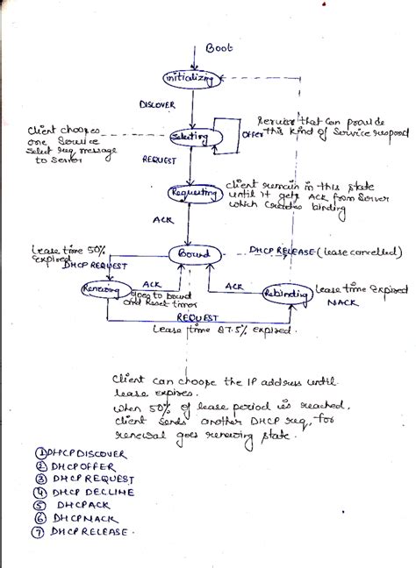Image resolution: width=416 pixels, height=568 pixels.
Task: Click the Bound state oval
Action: tap(195, 254)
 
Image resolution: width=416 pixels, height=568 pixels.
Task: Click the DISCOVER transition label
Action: tap(158, 104)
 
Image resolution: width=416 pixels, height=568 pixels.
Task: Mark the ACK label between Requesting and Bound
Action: tap(162, 220)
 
